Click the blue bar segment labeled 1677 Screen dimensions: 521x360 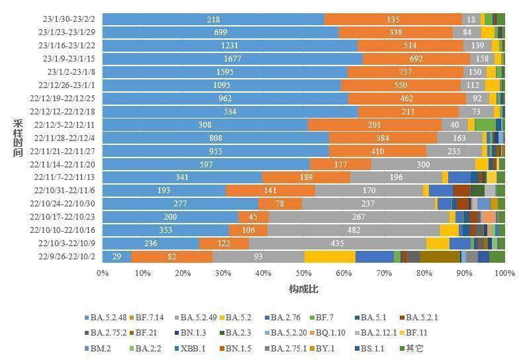tap(232, 59)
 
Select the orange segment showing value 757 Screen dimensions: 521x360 tap(405, 72)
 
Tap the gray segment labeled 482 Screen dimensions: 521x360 tap(354, 230)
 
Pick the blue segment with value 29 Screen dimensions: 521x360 tap(117, 257)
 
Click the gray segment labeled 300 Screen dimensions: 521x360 tap(423, 164)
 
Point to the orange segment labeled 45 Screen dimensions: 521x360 tap(254, 217)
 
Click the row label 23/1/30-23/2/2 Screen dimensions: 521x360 tap(69, 19)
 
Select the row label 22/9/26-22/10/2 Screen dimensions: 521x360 tap(67, 257)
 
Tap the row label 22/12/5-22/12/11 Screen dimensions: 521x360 tap(64, 125)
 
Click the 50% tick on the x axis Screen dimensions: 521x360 tap(303, 273)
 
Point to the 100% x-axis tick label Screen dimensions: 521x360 tap(505, 273)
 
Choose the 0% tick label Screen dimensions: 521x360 tap(103, 273)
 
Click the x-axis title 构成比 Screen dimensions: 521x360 tap(303, 289)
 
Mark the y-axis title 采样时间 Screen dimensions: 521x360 tap(19, 138)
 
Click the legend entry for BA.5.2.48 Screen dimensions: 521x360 tap(106, 318)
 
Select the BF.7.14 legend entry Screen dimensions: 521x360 tap(147, 318)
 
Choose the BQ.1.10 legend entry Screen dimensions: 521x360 tap(327, 333)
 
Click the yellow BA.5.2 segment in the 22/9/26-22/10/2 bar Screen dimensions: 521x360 tap(330, 257)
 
